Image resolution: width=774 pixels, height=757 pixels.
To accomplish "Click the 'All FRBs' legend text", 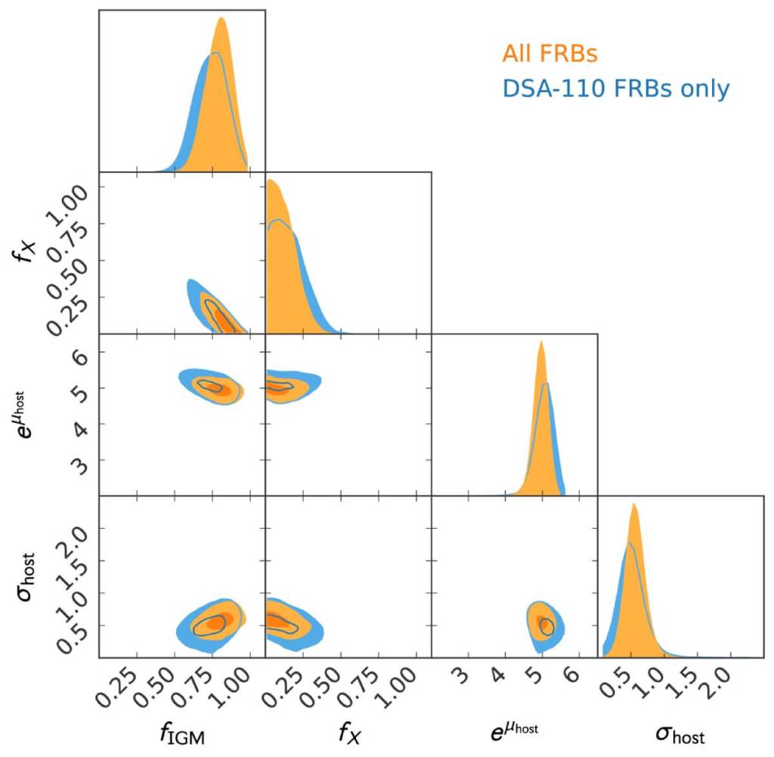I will [549, 54].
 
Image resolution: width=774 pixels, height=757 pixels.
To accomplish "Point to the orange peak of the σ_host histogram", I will [634, 504].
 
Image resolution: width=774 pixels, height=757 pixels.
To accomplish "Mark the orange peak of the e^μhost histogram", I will [541, 341].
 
